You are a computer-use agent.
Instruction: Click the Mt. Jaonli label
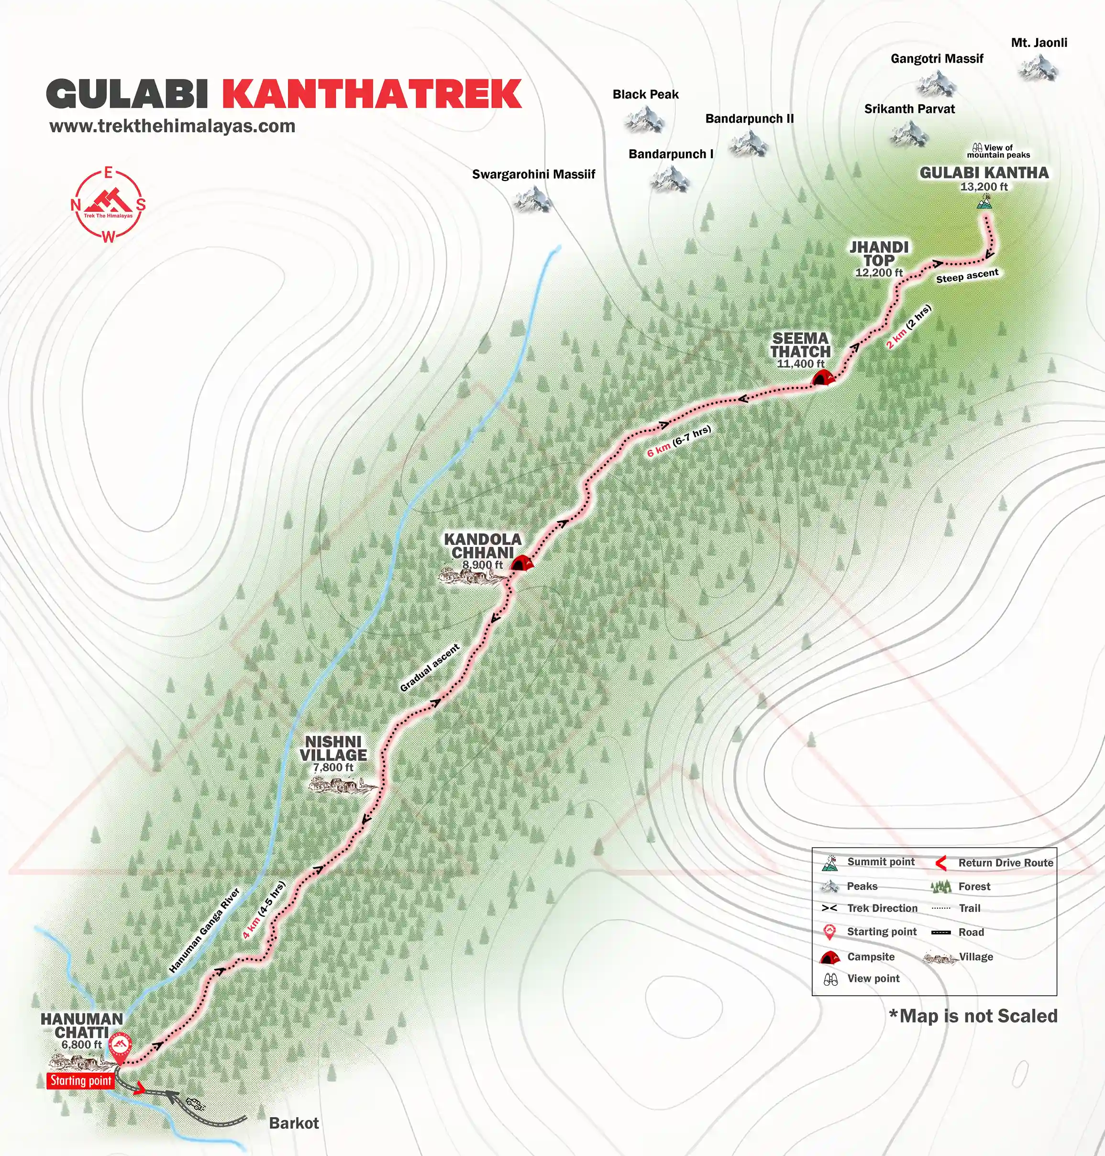[1039, 43]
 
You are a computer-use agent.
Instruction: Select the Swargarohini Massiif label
[533, 174]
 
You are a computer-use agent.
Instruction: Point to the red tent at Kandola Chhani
[521, 563]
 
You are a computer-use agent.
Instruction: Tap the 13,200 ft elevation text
[983, 187]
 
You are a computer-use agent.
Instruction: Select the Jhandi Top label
[879, 254]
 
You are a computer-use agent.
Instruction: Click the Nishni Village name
[333, 748]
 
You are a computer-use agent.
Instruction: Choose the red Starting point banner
[81, 1080]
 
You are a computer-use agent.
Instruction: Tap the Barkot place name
[293, 1123]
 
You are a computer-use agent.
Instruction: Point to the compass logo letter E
[108, 173]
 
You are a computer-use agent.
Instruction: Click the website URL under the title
[172, 126]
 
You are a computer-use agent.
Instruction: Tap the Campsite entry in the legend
[870, 957]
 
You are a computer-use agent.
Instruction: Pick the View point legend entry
[873, 978]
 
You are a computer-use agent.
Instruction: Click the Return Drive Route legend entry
[1005, 863]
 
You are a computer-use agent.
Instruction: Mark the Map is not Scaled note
[973, 1016]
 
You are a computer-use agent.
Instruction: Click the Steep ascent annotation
[967, 276]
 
